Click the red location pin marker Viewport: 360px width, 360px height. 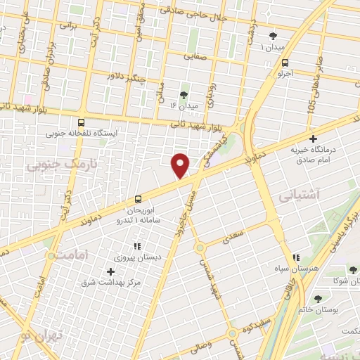[x=181, y=165]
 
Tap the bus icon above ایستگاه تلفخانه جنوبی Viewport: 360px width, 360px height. [x=82, y=122]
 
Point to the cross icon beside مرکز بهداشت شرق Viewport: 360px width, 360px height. [x=110, y=271]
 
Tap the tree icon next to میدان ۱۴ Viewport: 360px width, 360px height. [x=184, y=94]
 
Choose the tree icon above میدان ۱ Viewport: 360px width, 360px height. [x=274, y=37]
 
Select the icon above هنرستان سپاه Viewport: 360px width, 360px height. [x=297, y=258]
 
